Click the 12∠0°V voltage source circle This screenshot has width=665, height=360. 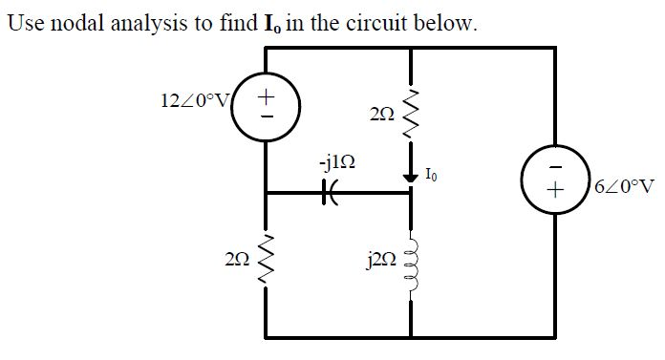(266, 105)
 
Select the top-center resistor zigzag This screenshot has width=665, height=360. (412, 112)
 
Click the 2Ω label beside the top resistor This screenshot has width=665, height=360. (379, 115)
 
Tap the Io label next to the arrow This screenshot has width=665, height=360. (433, 174)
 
